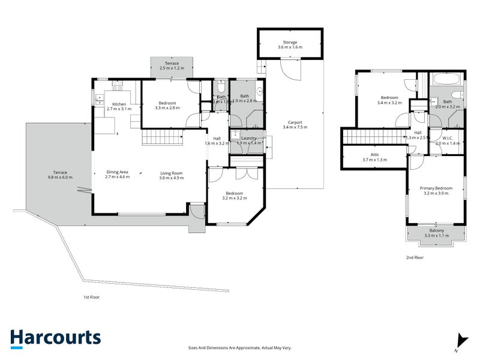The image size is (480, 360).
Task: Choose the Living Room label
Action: coord(171,173)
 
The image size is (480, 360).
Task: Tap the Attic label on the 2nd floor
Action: coord(374,155)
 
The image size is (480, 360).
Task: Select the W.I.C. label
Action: coord(446,139)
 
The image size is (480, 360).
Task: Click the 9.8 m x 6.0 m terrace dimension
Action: coord(60,178)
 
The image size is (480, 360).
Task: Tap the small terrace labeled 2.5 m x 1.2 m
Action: coord(172,65)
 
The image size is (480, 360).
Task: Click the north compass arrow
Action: coord(460,340)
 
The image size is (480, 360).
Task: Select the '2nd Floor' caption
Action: coord(415,257)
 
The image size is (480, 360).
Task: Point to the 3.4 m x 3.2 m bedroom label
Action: coord(389,100)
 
